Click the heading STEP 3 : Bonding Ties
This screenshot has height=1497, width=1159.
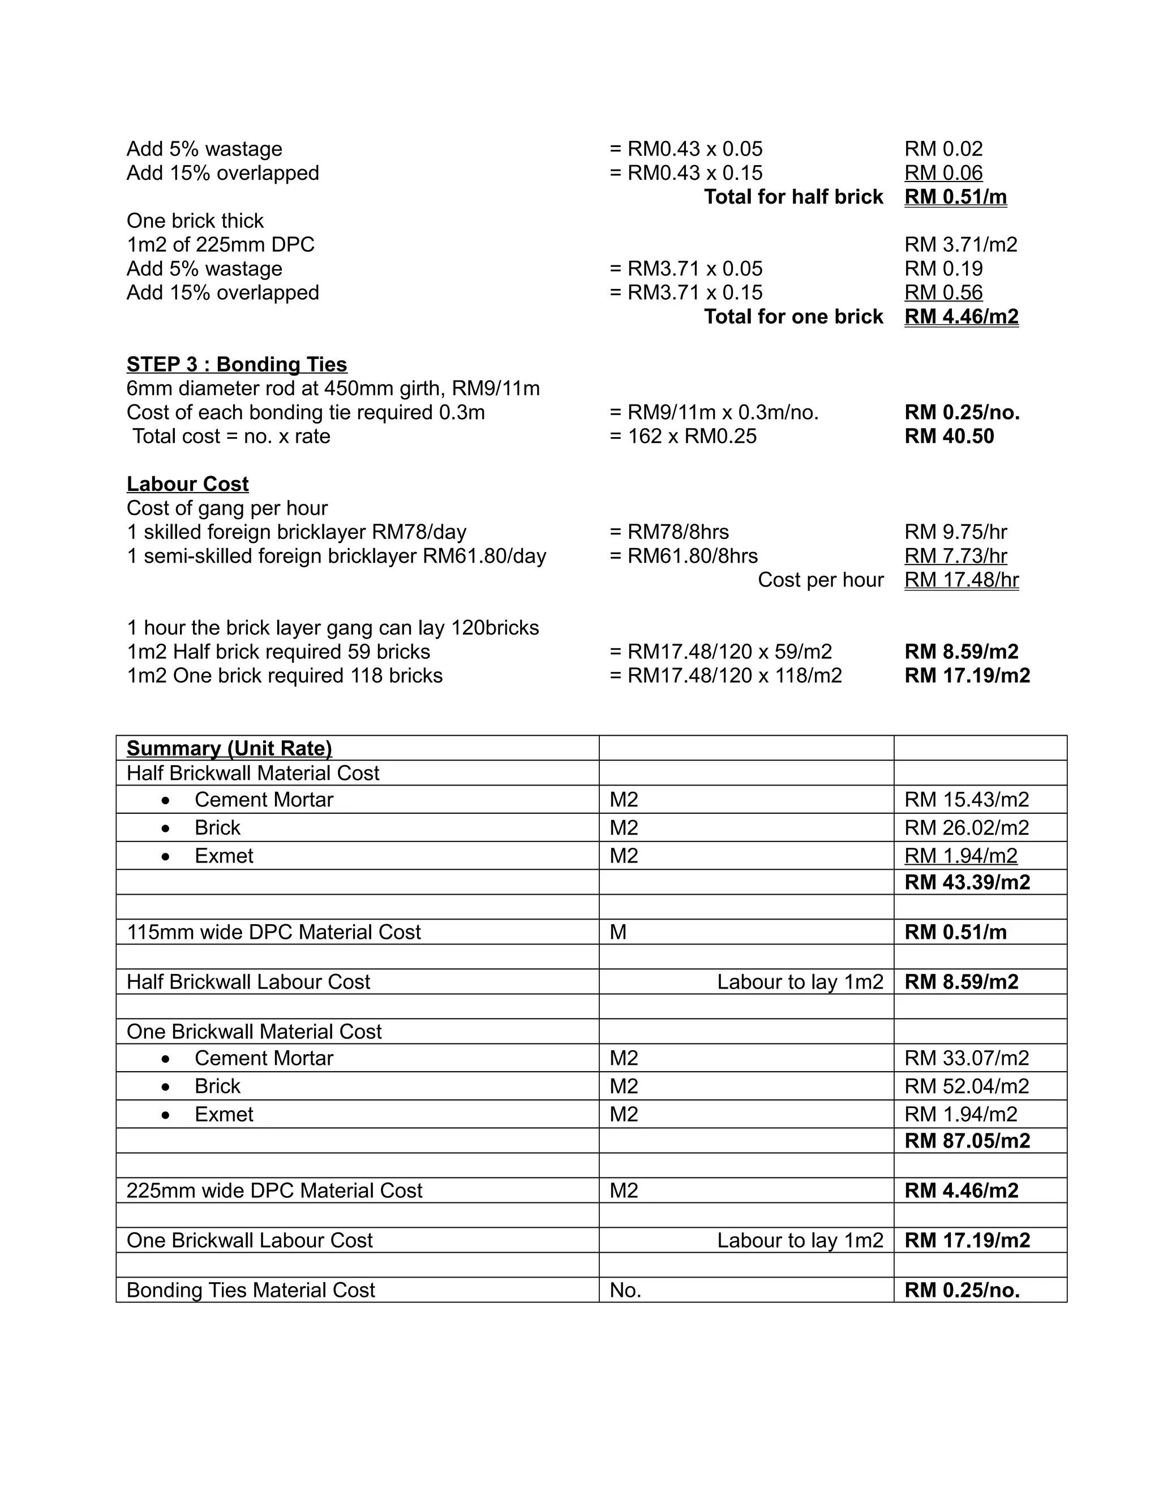(237, 365)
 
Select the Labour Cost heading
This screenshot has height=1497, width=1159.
(187, 484)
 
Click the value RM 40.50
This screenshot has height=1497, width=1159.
(948, 437)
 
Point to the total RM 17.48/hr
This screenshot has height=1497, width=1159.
(961, 580)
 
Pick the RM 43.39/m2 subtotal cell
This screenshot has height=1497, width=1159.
(967, 882)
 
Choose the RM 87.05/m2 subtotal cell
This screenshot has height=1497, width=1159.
(967, 1141)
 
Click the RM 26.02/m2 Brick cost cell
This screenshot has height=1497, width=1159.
(966, 828)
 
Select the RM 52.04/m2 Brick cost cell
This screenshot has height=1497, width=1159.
(966, 1086)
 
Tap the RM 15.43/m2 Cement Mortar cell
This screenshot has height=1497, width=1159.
(966, 800)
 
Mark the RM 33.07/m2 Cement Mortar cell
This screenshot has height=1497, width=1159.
(966, 1058)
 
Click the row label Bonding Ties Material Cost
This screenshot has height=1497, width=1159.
(250, 1290)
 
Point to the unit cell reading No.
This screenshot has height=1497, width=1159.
(625, 1290)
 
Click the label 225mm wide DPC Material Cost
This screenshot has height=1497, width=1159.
(274, 1190)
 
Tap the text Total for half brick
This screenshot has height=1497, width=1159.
(793, 197)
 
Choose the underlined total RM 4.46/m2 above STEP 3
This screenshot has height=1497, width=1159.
(961, 317)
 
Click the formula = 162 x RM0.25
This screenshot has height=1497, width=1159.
(682, 437)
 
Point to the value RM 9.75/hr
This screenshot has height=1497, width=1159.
(955, 532)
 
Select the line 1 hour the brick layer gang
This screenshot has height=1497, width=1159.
(333, 628)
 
